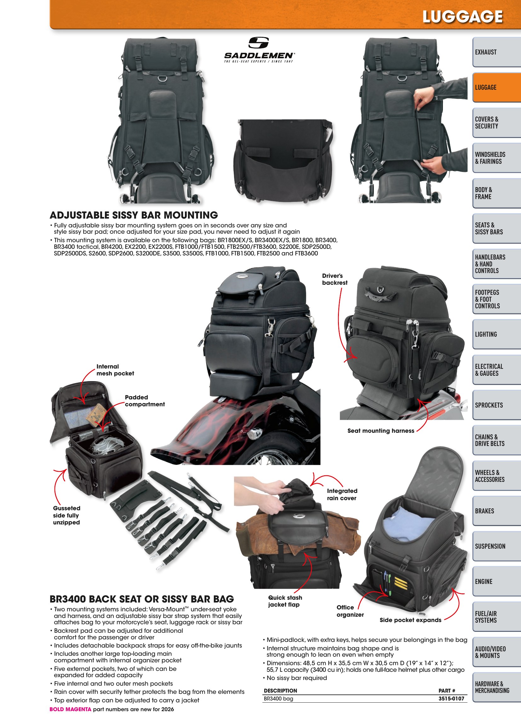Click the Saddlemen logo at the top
pyautogui.click(x=259, y=50)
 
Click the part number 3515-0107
pyautogui.click(x=451, y=699)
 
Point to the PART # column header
pyautogui.click(x=447, y=690)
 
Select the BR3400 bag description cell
pyautogui.click(x=278, y=699)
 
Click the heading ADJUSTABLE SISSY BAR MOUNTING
pyautogui.click(x=134, y=215)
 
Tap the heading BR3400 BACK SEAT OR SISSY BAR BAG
pyautogui.click(x=142, y=599)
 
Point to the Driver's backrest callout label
pyautogui.click(x=335, y=279)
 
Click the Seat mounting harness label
pyautogui.click(x=381, y=431)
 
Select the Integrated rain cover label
pyautogui.click(x=342, y=494)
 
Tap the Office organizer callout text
pyautogui.click(x=350, y=611)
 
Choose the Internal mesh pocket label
pyautogui.click(x=115, y=370)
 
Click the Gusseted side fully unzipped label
pyautogui.click(x=66, y=515)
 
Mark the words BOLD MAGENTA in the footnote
pyautogui.click(x=70, y=709)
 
